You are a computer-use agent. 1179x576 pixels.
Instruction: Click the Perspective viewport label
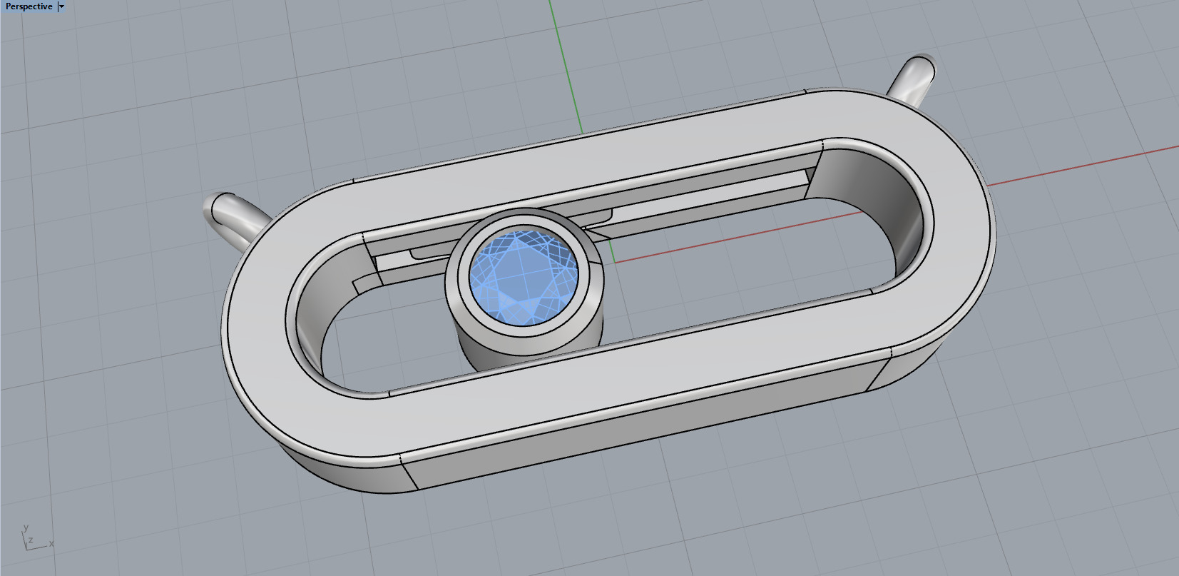[x=29, y=6]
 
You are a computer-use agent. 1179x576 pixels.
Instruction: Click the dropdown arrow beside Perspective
[x=61, y=6]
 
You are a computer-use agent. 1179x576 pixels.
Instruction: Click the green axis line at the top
[x=563, y=57]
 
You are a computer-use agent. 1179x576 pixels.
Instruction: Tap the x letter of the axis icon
[x=51, y=544]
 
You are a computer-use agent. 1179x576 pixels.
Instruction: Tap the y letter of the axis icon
[x=26, y=528]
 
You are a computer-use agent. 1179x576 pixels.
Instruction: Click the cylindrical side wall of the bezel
[x=528, y=350]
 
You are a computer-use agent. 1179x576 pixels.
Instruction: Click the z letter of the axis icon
[x=31, y=541]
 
